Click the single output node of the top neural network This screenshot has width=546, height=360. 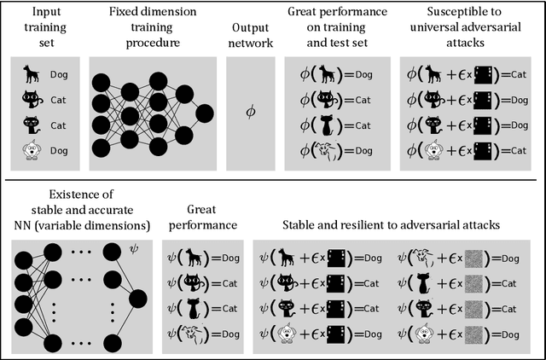click(x=204, y=113)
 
